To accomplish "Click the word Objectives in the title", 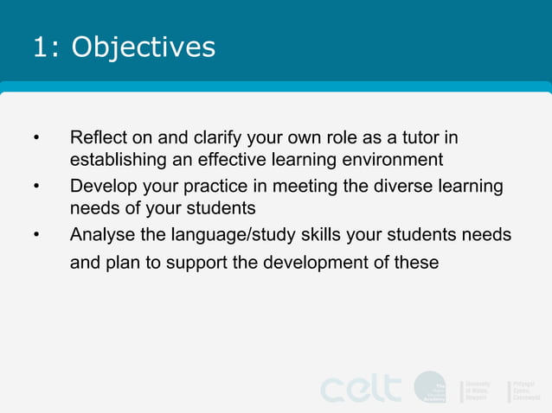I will [143, 47].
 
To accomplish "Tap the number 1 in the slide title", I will [40, 47].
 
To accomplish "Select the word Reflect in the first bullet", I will [97, 137].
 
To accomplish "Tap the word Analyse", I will [101, 235].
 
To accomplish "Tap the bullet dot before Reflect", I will [36, 138].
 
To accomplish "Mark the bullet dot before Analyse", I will [36, 236].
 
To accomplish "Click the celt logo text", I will [361, 388].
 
